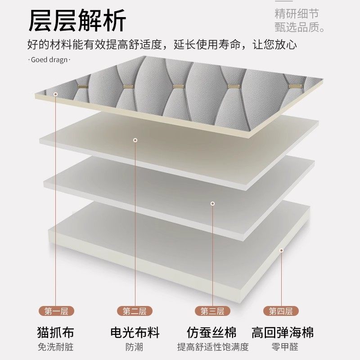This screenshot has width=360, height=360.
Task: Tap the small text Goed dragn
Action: [x=50, y=59]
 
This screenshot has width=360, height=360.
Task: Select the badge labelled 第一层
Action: [x=56, y=311]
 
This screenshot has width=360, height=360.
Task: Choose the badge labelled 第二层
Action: [x=135, y=311]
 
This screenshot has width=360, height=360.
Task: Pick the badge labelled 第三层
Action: [x=212, y=311]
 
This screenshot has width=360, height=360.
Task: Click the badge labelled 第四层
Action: [x=281, y=311]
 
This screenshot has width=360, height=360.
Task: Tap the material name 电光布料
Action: [x=135, y=333]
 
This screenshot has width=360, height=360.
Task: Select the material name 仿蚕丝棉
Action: [x=212, y=333]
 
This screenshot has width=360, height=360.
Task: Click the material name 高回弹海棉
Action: [x=283, y=333]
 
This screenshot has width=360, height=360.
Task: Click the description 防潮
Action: [x=135, y=347]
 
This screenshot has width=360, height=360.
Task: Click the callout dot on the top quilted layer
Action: [x=56, y=94]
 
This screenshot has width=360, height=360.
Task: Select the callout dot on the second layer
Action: [x=135, y=140]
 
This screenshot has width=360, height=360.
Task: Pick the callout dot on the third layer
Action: [x=212, y=203]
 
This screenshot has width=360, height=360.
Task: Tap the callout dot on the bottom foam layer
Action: [x=281, y=250]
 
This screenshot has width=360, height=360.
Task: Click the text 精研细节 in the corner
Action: [x=297, y=13]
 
